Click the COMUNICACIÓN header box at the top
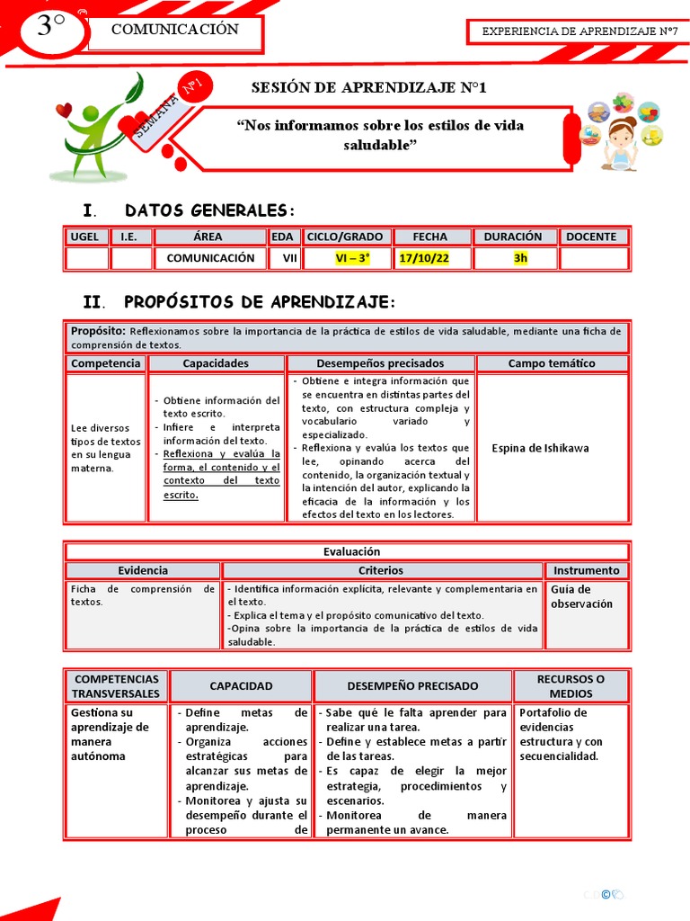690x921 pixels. pos(174,30)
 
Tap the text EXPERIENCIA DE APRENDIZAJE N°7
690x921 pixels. pos(579,31)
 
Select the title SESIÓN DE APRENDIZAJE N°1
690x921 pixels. pos(368,87)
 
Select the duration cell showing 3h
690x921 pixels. pos(520,258)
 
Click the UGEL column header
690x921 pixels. pos(86,237)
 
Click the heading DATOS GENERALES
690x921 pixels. pos(208,210)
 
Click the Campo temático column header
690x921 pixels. pos(551,363)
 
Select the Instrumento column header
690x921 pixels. pos(586,570)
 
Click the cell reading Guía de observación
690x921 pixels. pos(581,596)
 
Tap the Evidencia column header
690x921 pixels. pos(143,570)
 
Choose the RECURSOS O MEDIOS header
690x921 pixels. pos(571,686)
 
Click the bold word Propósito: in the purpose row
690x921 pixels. pos(98,331)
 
